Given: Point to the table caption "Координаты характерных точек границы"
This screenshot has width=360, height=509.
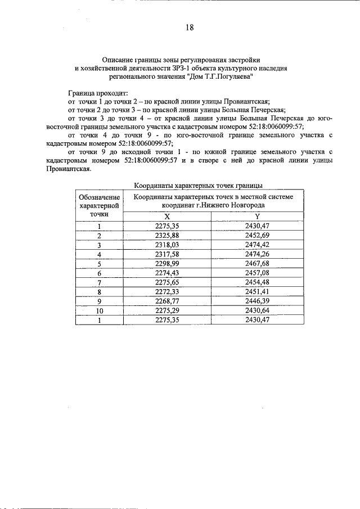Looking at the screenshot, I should (199, 185).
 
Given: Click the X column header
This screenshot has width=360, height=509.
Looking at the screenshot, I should (166, 216).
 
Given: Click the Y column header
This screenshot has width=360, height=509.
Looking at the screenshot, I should (257, 216).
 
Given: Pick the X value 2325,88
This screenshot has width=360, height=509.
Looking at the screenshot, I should (166, 235).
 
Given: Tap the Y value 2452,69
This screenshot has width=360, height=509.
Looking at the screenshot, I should (258, 235).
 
